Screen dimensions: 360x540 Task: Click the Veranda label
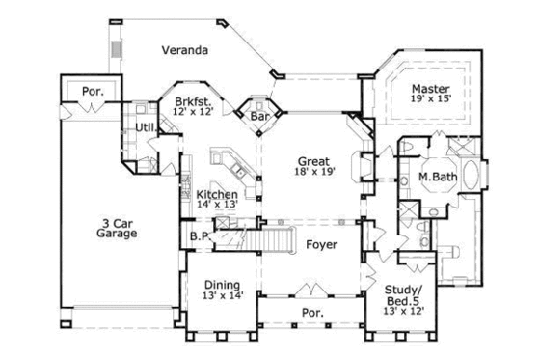[x=184, y=51]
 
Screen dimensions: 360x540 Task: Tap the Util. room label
[x=147, y=126]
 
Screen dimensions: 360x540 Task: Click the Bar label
[x=259, y=116]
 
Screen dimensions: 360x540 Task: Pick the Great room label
[x=310, y=161]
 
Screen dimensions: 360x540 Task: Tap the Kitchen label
[x=217, y=194]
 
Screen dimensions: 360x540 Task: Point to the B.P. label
[x=201, y=235]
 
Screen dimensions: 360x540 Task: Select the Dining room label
[x=222, y=284]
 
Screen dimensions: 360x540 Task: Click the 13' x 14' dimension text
[x=222, y=297]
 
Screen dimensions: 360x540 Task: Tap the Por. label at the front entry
[x=312, y=313]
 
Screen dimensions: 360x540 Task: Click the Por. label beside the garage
[x=93, y=92]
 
